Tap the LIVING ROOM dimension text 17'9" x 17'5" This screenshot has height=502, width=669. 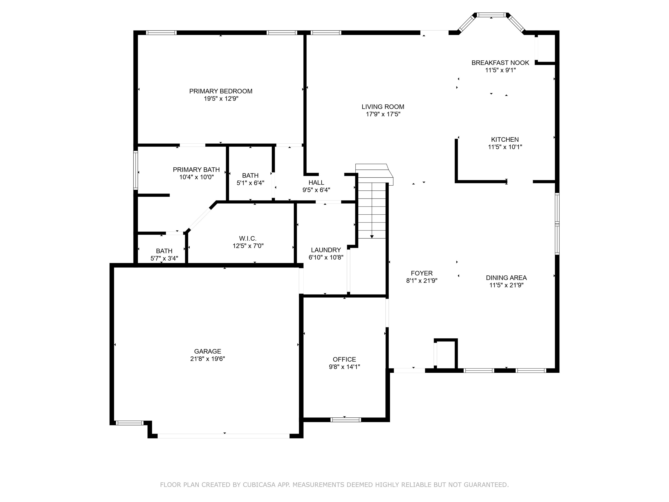[x=383, y=114]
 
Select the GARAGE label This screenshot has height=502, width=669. [x=208, y=351]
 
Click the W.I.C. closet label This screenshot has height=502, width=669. [x=248, y=238]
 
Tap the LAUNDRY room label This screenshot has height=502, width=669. [x=326, y=250]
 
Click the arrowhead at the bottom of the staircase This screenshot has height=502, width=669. [x=372, y=237]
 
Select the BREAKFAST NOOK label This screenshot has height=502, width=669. [x=500, y=63]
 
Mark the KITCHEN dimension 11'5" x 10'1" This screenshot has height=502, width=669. [x=505, y=147]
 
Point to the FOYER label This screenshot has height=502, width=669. [x=422, y=273]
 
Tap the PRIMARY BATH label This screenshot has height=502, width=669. [x=196, y=170]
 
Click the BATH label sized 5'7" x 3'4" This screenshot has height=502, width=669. [x=164, y=251]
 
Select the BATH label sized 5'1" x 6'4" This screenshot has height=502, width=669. [x=250, y=175]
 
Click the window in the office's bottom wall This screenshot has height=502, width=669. [x=345, y=420]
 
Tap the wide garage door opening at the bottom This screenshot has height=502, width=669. [x=223, y=436]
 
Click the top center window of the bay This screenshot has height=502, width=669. [x=491, y=15]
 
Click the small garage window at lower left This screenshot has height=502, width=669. [x=130, y=423]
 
